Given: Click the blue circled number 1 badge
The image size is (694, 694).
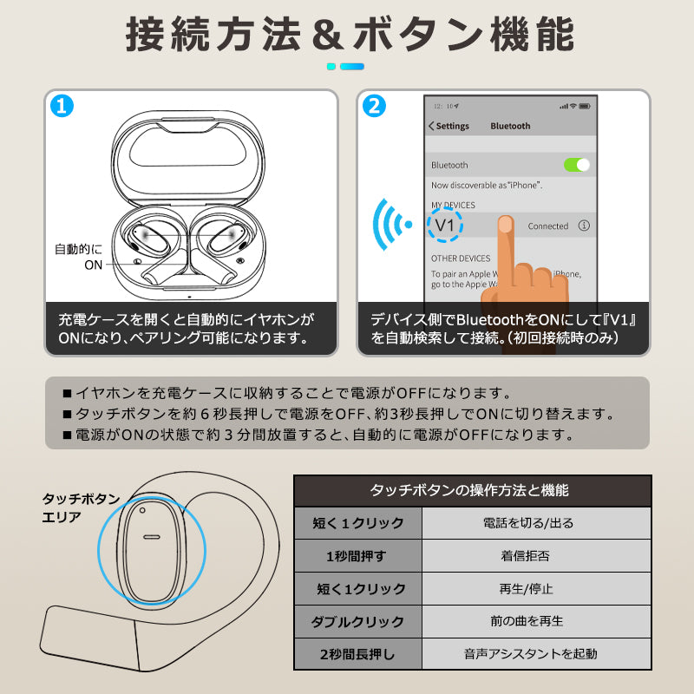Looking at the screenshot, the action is [x=62, y=106].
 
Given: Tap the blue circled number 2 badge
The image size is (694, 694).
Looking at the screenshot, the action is [x=374, y=106].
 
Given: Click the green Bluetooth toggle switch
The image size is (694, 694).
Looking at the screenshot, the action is [x=577, y=165].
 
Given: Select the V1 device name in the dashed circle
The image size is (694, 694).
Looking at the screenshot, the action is [x=445, y=226].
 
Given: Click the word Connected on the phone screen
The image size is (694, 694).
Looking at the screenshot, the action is [x=548, y=226].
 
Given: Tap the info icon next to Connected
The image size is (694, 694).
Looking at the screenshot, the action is [x=584, y=226].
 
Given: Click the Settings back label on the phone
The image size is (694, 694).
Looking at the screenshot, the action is [x=448, y=126].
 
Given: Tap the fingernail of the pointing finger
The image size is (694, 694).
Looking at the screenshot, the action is [x=505, y=224].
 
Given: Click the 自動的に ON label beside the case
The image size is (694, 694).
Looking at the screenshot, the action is [x=79, y=257].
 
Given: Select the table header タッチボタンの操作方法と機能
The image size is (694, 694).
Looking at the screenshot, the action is [x=469, y=490].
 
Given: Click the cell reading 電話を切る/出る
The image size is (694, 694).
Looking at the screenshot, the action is [x=528, y=523].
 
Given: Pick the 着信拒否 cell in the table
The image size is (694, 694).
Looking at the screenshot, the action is [x=526, y=556].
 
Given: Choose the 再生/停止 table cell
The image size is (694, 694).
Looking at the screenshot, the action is [x=527, y=589].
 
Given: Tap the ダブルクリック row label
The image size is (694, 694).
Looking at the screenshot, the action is [x=357, y=622].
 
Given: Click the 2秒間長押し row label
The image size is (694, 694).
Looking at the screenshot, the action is [x=357, y=654].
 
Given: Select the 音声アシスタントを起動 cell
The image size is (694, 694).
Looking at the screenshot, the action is [x=531, y=654].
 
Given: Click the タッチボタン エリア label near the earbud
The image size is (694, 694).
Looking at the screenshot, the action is [x=81, y=507].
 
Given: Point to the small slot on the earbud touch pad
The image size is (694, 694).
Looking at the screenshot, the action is [x=152, y=537].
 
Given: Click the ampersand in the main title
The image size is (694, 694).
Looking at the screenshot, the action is [x=328, y=35].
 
